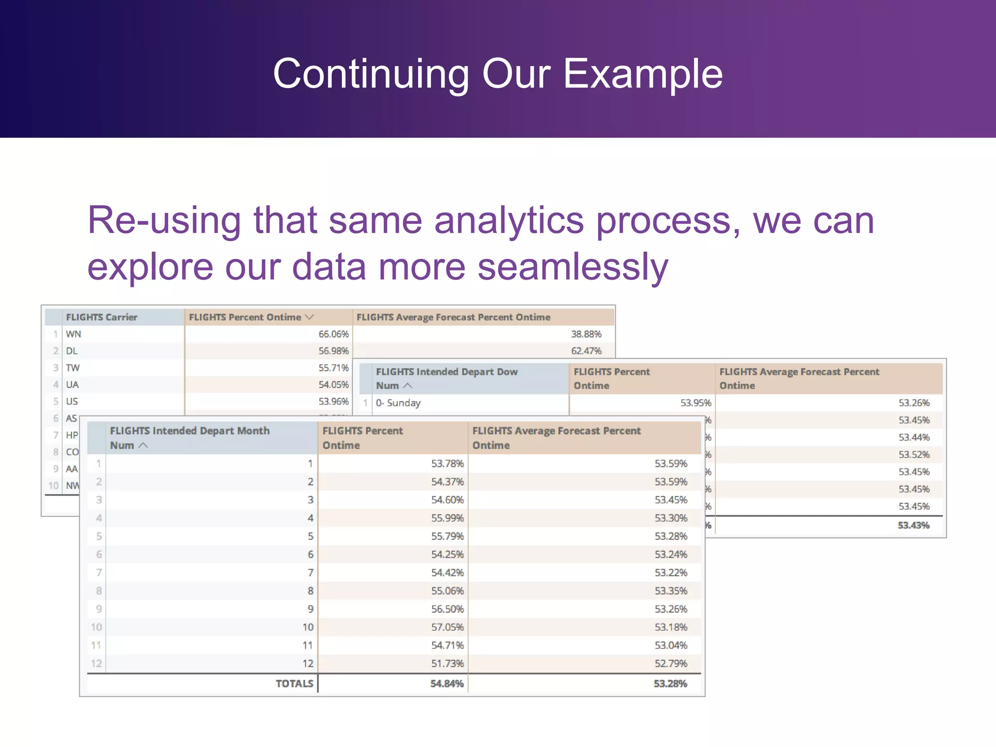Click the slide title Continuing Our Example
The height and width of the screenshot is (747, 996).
[498, 74]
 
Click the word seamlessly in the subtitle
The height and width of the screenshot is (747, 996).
[572, 267]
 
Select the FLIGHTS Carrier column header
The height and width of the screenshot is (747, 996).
[102, 317]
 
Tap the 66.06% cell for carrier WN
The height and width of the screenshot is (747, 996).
[334, 334]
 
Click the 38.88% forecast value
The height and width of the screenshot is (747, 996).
[586, 334]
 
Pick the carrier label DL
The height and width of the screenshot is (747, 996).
[72, 351]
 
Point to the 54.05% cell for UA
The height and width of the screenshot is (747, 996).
[334, 385]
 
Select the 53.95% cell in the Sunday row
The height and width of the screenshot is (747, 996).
[695, 403]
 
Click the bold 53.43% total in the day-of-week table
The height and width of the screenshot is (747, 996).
[913, 525]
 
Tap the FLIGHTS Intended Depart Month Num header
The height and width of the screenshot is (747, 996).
[190, 438]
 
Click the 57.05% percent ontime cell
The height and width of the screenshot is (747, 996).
[447, 627]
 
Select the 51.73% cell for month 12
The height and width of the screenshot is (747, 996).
[447, 664]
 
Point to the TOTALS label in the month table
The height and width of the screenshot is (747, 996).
[294, 684]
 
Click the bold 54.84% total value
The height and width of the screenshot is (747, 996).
[447, 684]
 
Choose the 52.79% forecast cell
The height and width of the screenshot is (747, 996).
[671, 664]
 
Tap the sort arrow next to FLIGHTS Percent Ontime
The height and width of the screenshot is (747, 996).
[309, 317]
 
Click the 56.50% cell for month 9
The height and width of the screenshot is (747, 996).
[447, 609]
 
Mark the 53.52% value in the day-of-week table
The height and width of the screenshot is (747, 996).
[914, 455]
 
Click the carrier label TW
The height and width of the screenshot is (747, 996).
[73, 368]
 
